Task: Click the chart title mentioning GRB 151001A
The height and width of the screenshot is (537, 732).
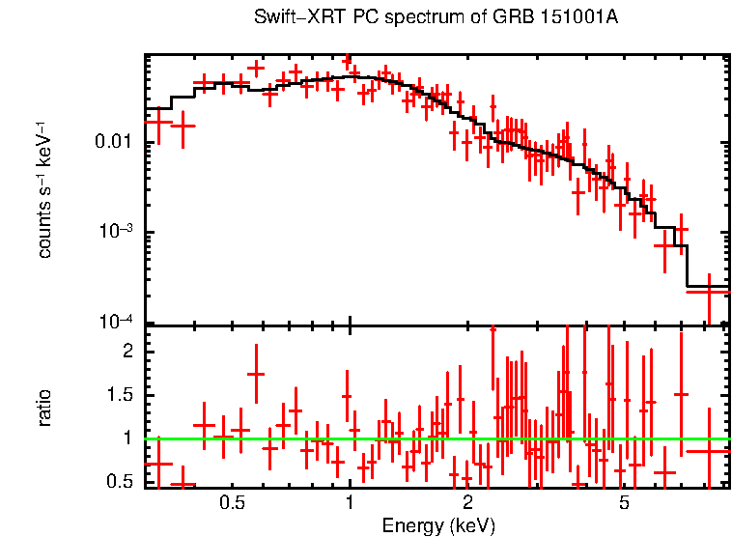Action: click(436, 18)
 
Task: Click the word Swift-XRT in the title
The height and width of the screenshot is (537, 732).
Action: click(289, 18)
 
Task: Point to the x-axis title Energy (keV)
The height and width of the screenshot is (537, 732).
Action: click(437, 525)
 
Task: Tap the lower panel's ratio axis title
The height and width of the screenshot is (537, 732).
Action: click(44, 408)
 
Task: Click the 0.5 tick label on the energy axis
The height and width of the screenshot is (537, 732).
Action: click(231, 503)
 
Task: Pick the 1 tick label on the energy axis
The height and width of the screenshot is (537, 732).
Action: click(350, 503)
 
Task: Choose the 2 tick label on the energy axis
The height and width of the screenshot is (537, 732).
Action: click(467, 503)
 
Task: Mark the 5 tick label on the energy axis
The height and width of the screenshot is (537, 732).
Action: click(624, 503)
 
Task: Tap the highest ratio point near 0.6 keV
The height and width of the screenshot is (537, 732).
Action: click(256, 374)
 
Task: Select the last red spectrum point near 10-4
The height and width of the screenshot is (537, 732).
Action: click(708, 290)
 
